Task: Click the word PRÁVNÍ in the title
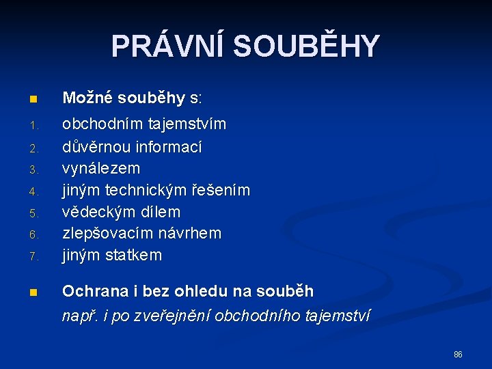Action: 167,46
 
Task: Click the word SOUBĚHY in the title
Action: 305,46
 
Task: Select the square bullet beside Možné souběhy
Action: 33,100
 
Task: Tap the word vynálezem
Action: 101,168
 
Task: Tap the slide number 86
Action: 458,355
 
